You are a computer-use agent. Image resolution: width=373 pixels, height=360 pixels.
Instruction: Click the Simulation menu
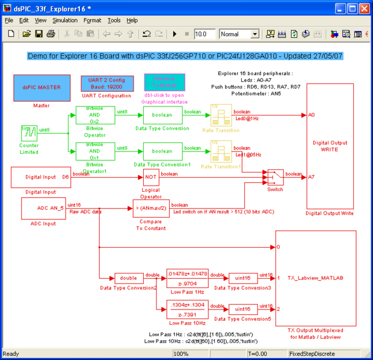point(65,20)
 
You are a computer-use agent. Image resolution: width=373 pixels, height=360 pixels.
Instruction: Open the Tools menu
point(114,20)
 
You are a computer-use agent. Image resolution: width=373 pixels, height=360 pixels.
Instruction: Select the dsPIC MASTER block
point(42,87)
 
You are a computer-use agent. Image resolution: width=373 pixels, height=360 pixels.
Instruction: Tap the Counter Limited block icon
point(29,132)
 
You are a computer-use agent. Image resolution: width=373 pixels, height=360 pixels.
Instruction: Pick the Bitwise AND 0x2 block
point(91,115)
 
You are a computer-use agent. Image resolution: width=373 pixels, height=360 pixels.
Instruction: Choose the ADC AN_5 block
point(43,209)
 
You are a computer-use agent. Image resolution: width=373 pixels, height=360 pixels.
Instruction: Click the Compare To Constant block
point(151,209)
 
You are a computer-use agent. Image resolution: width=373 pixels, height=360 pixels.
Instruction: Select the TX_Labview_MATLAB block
point(315,278)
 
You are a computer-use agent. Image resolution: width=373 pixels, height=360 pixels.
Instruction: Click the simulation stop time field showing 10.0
point(205,34)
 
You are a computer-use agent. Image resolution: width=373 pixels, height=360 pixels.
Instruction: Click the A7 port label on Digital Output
point(310,177)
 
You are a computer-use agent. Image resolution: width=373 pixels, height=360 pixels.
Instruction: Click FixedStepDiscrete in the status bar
point(310,354)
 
